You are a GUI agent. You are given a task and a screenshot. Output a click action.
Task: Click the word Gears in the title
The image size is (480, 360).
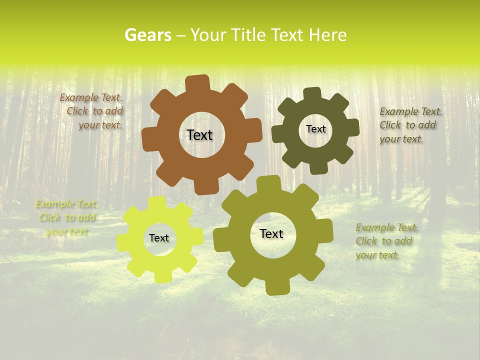point(148,35)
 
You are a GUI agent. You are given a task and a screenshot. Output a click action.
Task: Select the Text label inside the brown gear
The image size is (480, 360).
point(199,135)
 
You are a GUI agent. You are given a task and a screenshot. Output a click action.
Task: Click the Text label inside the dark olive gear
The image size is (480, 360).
point(315,129)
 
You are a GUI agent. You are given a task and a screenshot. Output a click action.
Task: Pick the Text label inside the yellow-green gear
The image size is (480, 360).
point(159,238)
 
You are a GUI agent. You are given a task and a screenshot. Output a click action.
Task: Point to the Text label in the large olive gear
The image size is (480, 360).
point(271,234)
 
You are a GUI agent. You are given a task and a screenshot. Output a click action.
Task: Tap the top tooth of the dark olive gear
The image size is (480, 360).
point(312,94)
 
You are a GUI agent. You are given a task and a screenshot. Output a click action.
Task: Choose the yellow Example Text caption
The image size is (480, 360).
point(67,217)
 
